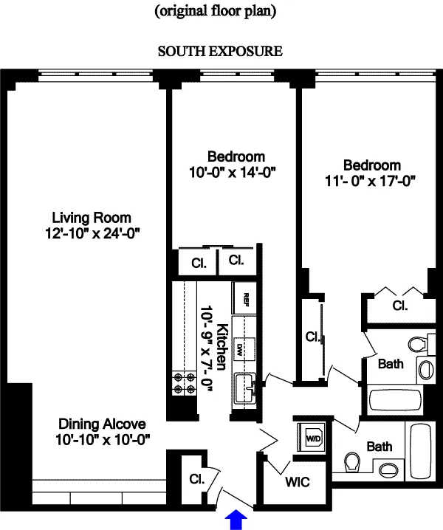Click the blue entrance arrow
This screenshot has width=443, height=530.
[236, 519]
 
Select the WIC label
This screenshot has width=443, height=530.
[297, 483]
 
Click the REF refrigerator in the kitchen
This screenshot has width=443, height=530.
[244, 298]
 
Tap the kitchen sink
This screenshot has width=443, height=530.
[244, 385]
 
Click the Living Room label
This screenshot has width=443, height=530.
[92, 218]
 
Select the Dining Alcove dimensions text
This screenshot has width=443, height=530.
[103, 439]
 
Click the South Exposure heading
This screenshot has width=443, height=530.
[221, 52]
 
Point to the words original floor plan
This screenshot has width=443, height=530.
[221, 12]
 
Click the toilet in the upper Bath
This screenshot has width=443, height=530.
[418, 343]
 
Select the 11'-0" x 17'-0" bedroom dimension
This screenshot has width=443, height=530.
[371, 181]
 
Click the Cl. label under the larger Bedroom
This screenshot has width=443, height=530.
[400, 305]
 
